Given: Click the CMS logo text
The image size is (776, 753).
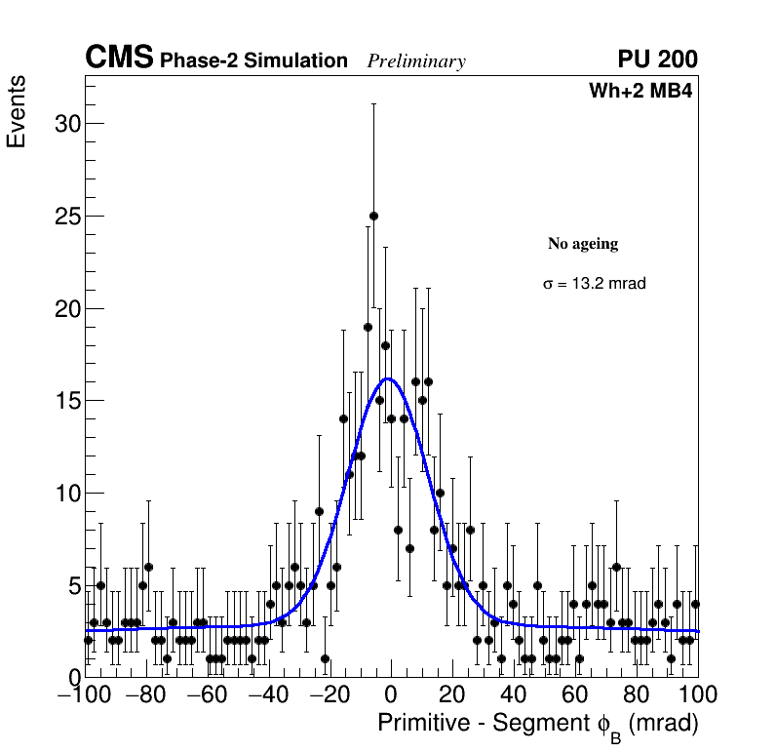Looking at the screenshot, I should [119, 59].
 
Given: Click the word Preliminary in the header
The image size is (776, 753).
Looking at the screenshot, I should [416, 61].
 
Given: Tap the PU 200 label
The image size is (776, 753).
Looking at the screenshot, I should [657, 59].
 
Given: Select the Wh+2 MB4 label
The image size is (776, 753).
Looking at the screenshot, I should [640, 92].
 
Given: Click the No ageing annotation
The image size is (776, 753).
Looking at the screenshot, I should [583, 244].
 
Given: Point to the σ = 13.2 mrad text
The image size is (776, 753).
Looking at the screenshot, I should [595, 284].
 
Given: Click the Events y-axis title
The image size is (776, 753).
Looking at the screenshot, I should [17, 111].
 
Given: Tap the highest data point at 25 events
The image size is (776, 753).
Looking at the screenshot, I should [373, 216].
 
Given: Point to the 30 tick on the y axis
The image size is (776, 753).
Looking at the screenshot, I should [65, 124].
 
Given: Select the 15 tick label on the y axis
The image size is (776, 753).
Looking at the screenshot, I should [65, 401].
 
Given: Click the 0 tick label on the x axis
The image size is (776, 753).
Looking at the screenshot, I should [391, 695].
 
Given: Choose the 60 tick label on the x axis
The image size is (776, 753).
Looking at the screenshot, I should [574, 695].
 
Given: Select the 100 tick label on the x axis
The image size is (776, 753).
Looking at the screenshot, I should [696, 695].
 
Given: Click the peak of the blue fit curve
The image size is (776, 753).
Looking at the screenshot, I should [387, 378].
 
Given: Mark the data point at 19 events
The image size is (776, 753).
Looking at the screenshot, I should [368, 327].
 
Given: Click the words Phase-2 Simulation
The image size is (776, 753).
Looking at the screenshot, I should [253, 60].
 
